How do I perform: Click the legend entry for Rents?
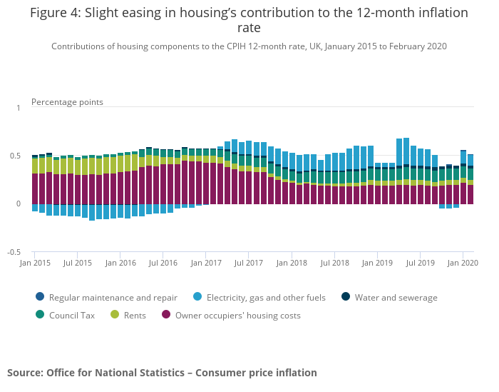tap(133, 315)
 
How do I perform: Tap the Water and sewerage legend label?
tap(396, 298)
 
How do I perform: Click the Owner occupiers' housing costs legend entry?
tap(237, 315)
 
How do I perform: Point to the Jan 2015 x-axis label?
tap(35, 263)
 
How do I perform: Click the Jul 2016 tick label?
tap(163, 263)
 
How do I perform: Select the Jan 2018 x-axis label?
tap(292, 263)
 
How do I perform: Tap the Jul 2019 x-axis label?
tap(421, 263)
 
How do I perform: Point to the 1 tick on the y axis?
tap(19, 108)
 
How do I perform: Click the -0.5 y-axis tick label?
tap(14, 253)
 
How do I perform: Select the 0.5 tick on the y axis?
tap(16, 156)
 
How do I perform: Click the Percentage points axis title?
tap(67, 102)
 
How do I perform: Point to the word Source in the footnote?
tap(25, 373)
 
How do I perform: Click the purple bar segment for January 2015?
tap(35, 189)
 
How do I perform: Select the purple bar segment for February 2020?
tap(470, 194)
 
